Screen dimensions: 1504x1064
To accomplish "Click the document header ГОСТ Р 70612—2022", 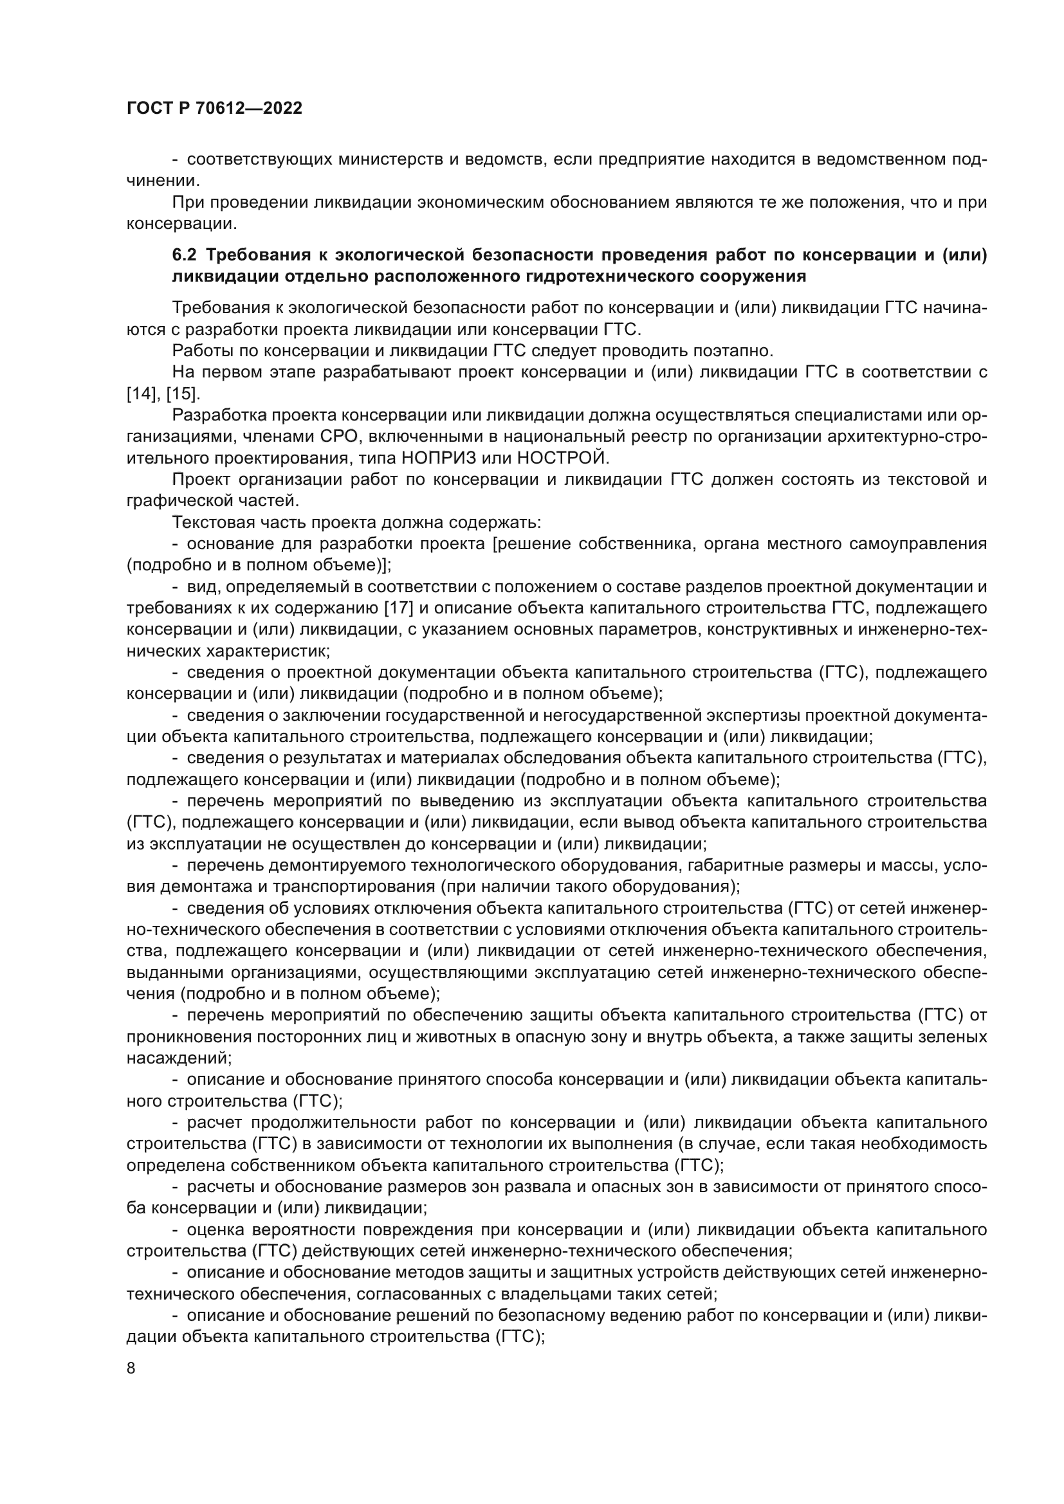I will pyautogui.click(x=214, y=109).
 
